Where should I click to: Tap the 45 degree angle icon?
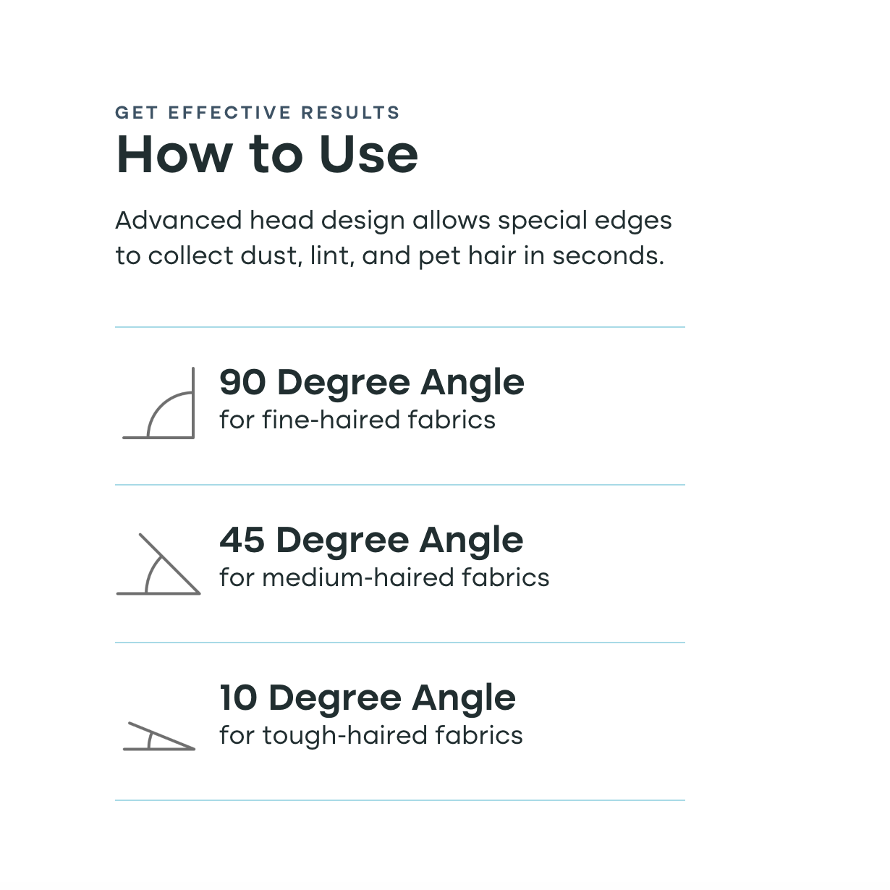click(169, 564)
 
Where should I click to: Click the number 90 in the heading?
click(242, 383)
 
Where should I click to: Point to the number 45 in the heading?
click(242, 540)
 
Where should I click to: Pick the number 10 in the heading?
click(238, 698)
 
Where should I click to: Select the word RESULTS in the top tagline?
click(350, 113)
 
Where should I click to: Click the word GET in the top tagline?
click(137, 113)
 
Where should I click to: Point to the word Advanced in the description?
click(178, 220)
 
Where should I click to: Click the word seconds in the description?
click(609, 256)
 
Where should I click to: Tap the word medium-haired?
click(358, 578)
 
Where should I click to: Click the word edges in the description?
click(632, 221)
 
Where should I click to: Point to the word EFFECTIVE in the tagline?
click(229, 113)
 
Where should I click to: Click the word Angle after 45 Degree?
click(471, 541)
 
